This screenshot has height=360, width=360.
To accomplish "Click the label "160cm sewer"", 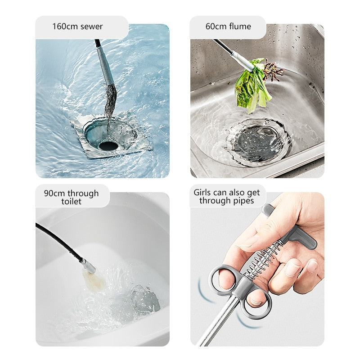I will tap(77, 27).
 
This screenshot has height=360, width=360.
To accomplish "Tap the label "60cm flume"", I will tap(228, 27).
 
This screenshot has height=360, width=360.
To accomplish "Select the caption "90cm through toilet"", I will tap(71, 197).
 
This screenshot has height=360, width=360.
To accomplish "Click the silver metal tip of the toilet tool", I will tap(89, 266).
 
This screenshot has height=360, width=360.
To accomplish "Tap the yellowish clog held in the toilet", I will tap(95, 281).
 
